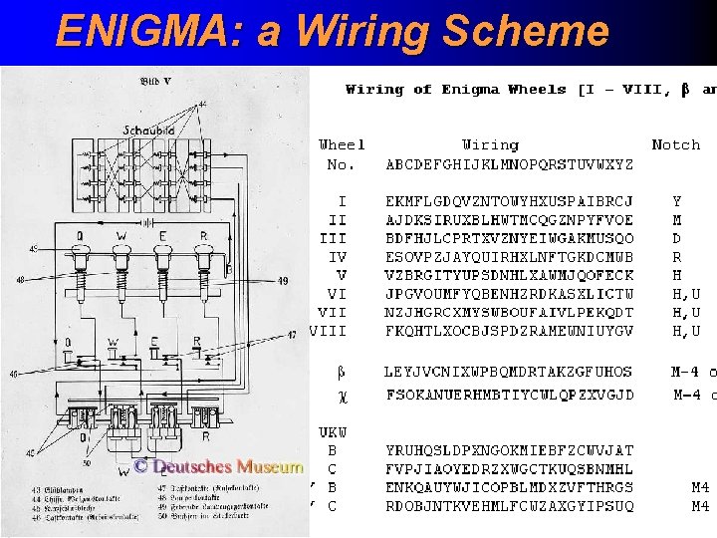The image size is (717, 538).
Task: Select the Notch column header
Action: tap(675, 145)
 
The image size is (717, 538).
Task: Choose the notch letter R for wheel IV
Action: tap(677, 257)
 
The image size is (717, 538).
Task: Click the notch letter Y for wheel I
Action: tap(677, 201)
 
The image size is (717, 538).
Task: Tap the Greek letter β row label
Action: tap(341, 373)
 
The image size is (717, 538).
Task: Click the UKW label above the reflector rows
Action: tap(333, 432)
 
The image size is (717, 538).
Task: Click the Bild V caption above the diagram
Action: tap(155, 81)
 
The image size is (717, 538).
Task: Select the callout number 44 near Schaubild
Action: tap(203, 104)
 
